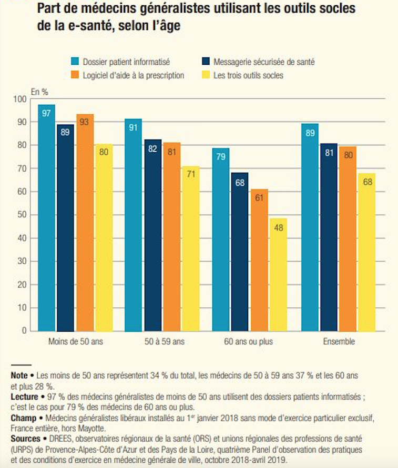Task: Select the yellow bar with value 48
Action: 278,274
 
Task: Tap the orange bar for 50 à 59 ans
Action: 172,236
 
